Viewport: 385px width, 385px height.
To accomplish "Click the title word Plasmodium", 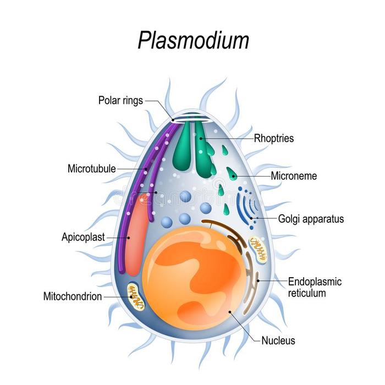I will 192,41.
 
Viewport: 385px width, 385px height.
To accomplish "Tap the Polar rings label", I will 120,100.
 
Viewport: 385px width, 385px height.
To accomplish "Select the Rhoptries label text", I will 274,139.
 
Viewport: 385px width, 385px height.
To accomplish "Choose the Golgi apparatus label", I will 311,219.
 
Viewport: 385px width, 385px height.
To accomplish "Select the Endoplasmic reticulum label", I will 315,287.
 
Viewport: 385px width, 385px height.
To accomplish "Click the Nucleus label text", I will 278,340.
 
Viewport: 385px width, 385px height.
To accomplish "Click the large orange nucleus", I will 195,275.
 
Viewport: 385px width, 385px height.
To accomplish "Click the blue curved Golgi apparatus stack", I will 245,206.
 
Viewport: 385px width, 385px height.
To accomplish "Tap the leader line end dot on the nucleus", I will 230,312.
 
